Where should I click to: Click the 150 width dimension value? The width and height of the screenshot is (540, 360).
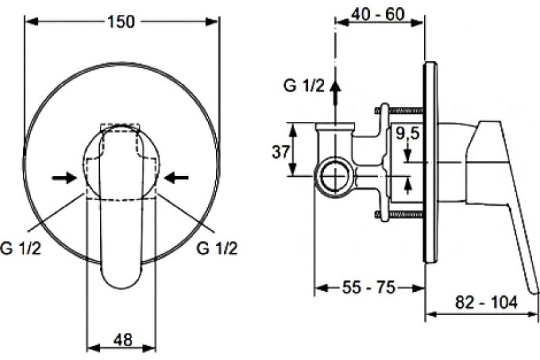click(121, 22)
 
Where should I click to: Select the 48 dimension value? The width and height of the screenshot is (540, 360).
click(123, 340)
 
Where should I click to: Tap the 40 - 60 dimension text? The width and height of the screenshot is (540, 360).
click(378, 14)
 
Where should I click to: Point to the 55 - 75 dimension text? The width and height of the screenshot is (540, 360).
click(368, 287)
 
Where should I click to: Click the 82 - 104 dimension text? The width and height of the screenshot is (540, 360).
click(487, 302)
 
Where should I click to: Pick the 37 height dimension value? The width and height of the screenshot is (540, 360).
click(281, 152)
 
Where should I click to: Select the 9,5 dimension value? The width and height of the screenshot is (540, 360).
click(407, 133)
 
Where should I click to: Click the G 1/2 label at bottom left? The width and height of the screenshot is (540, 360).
click(21, 248)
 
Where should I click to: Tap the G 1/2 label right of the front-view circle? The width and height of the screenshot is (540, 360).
click(217, 248)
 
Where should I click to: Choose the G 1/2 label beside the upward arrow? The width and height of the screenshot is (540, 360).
click(303, 86)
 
